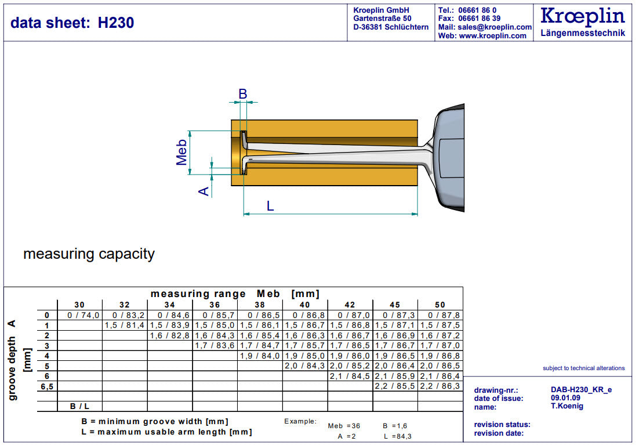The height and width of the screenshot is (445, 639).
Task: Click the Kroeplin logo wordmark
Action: tap(582, 16)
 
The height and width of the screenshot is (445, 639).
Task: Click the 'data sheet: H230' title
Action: tap(72, 23)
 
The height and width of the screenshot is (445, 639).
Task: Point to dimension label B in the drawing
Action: tap(243, 94)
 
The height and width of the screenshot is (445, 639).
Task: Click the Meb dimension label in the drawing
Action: tap(182, 152)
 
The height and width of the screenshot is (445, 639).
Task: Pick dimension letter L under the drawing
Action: tap(270, 205)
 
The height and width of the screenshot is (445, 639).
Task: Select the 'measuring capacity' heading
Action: tap(89, 254)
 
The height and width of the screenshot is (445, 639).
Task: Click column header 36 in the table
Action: tap(215, 305)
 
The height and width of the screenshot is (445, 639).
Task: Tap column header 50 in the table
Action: tap(440, 305)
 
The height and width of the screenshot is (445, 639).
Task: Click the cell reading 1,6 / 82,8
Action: tap(170, 336)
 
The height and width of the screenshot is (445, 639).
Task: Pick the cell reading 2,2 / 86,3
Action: tap(440, 386)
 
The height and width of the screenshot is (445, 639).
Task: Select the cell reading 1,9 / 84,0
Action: tap(260, 356)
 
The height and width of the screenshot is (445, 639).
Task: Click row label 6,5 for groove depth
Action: tap(47, 386)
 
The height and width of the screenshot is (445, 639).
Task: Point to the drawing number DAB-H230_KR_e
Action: tap(580, 390)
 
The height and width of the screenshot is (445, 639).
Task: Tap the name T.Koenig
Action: tap(567, 406)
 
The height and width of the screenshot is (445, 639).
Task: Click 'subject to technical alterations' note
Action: tap(583, 368)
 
